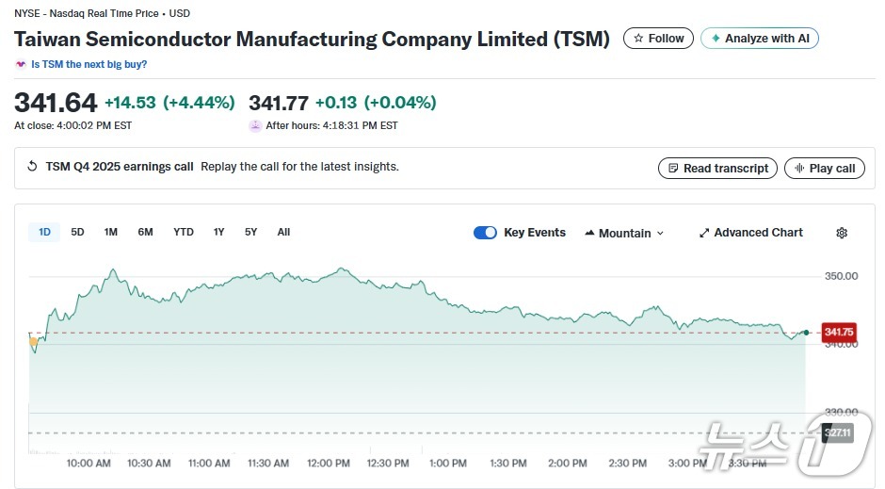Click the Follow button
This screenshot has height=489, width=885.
[x=659, y=39]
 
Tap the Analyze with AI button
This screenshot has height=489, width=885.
[x=760, y=39]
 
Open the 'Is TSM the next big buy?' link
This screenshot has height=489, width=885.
[x=88, y=64]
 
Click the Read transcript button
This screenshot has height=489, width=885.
[x=717, y=168]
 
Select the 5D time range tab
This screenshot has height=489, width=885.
[x=77, y=232]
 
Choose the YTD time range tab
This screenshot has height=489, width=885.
[x=184, y=232]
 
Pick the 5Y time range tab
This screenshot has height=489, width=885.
[x=250, y=232]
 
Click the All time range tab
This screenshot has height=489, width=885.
[x=283, y=232]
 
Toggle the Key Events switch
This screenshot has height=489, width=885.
[x=485, y=233]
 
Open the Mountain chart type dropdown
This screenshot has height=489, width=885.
[x=624, y=233]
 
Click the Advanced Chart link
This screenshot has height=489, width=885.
[x=750, y=233]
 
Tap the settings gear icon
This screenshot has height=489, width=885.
[x=842, y=233]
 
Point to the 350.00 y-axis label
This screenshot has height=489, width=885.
[x=841, y=276]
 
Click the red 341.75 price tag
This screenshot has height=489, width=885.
[x=838, y=332]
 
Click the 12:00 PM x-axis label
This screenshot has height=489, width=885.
[x=329, y=463]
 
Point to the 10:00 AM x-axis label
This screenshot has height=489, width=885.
[x=89, y=463]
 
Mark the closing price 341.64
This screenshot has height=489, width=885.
[x=56, y=102]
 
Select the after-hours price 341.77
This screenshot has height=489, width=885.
[x=278, y=102]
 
